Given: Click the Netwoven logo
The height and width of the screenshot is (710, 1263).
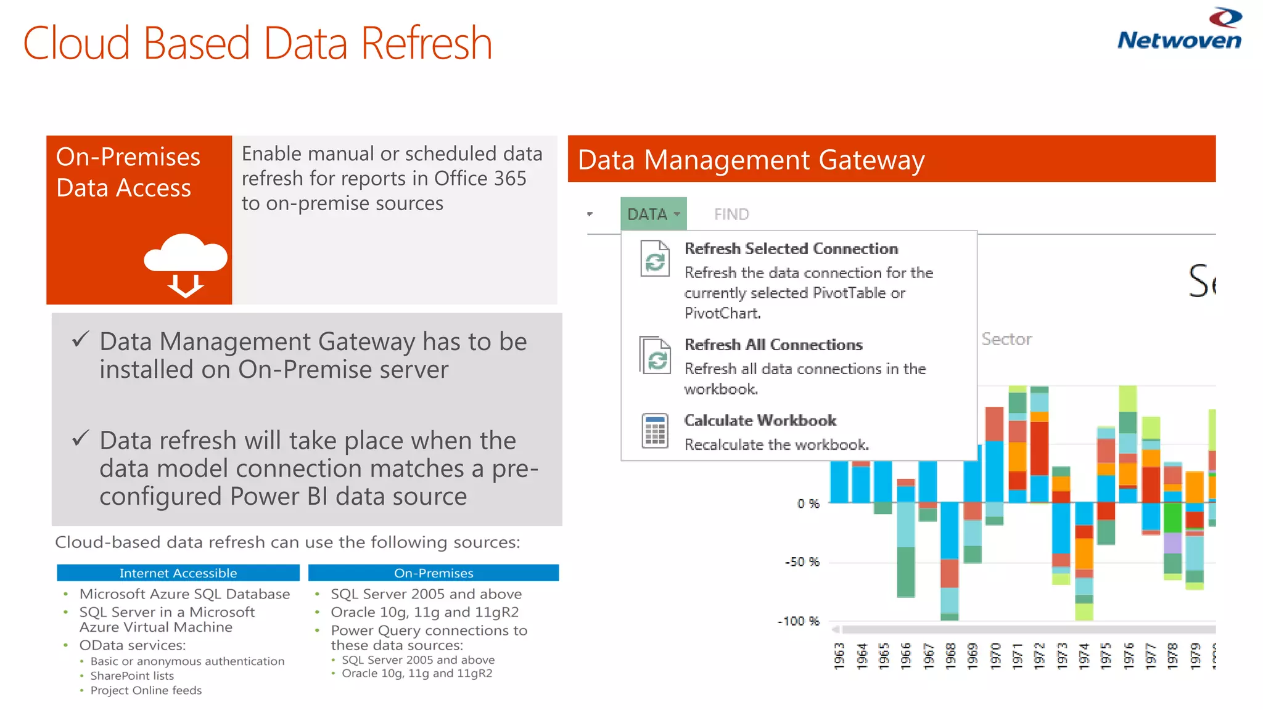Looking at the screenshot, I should pyautogui.click(x=1179, y=30).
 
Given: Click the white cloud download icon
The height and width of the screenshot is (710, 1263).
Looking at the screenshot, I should pyautogui.click(x=186, y=264).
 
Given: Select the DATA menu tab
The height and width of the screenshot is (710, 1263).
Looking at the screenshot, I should pyautogui.click(x=653, y=214).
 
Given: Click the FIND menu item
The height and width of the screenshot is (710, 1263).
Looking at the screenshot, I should pyautogui.click(x=731, y=214).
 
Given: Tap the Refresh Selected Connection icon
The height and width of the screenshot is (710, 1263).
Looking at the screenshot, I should pyautogui.click(x=655, y=259).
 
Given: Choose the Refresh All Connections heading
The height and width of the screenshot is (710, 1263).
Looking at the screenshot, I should pyautogui.click(x=773, y=345).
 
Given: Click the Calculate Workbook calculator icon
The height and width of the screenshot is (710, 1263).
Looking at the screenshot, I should pyautogui.click(x=655, y=430).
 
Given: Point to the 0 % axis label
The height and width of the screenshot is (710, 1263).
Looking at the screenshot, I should pyautogui.click(x=808, y=504).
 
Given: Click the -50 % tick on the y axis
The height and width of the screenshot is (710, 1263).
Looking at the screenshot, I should pyautogui.click(x=802, y=562).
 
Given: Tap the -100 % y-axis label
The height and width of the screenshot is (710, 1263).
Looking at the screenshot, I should pyautogui.click(x=799, y=621).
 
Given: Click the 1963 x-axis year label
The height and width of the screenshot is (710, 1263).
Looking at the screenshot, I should pyautogui.click(x=839, y=655).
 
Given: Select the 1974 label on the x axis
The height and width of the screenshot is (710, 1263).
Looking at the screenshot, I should pyautogui.click(x=1084, y=655).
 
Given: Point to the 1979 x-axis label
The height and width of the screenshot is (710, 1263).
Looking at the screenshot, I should pyautogui.click(x=1195, y=655).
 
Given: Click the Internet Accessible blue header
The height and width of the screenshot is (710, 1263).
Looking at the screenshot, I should pyautogui.click(x=178, y=573).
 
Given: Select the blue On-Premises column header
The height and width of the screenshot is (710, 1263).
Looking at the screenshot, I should pyautogui.click(x=434, y=573).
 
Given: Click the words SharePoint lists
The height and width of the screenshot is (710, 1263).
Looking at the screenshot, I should pyautogui.click(x=132, y=675).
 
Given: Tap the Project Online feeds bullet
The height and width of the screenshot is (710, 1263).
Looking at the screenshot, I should pyautogui.click(x=146, y=690).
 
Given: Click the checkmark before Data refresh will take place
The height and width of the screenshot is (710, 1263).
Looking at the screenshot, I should pyautogui.click(x=81, y=438).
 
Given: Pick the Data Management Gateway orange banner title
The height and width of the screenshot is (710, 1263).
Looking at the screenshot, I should pyautogui.click(x=751, y=160).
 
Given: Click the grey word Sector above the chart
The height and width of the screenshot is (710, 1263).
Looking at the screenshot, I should pyautogui.click(x=1006, y=339).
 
